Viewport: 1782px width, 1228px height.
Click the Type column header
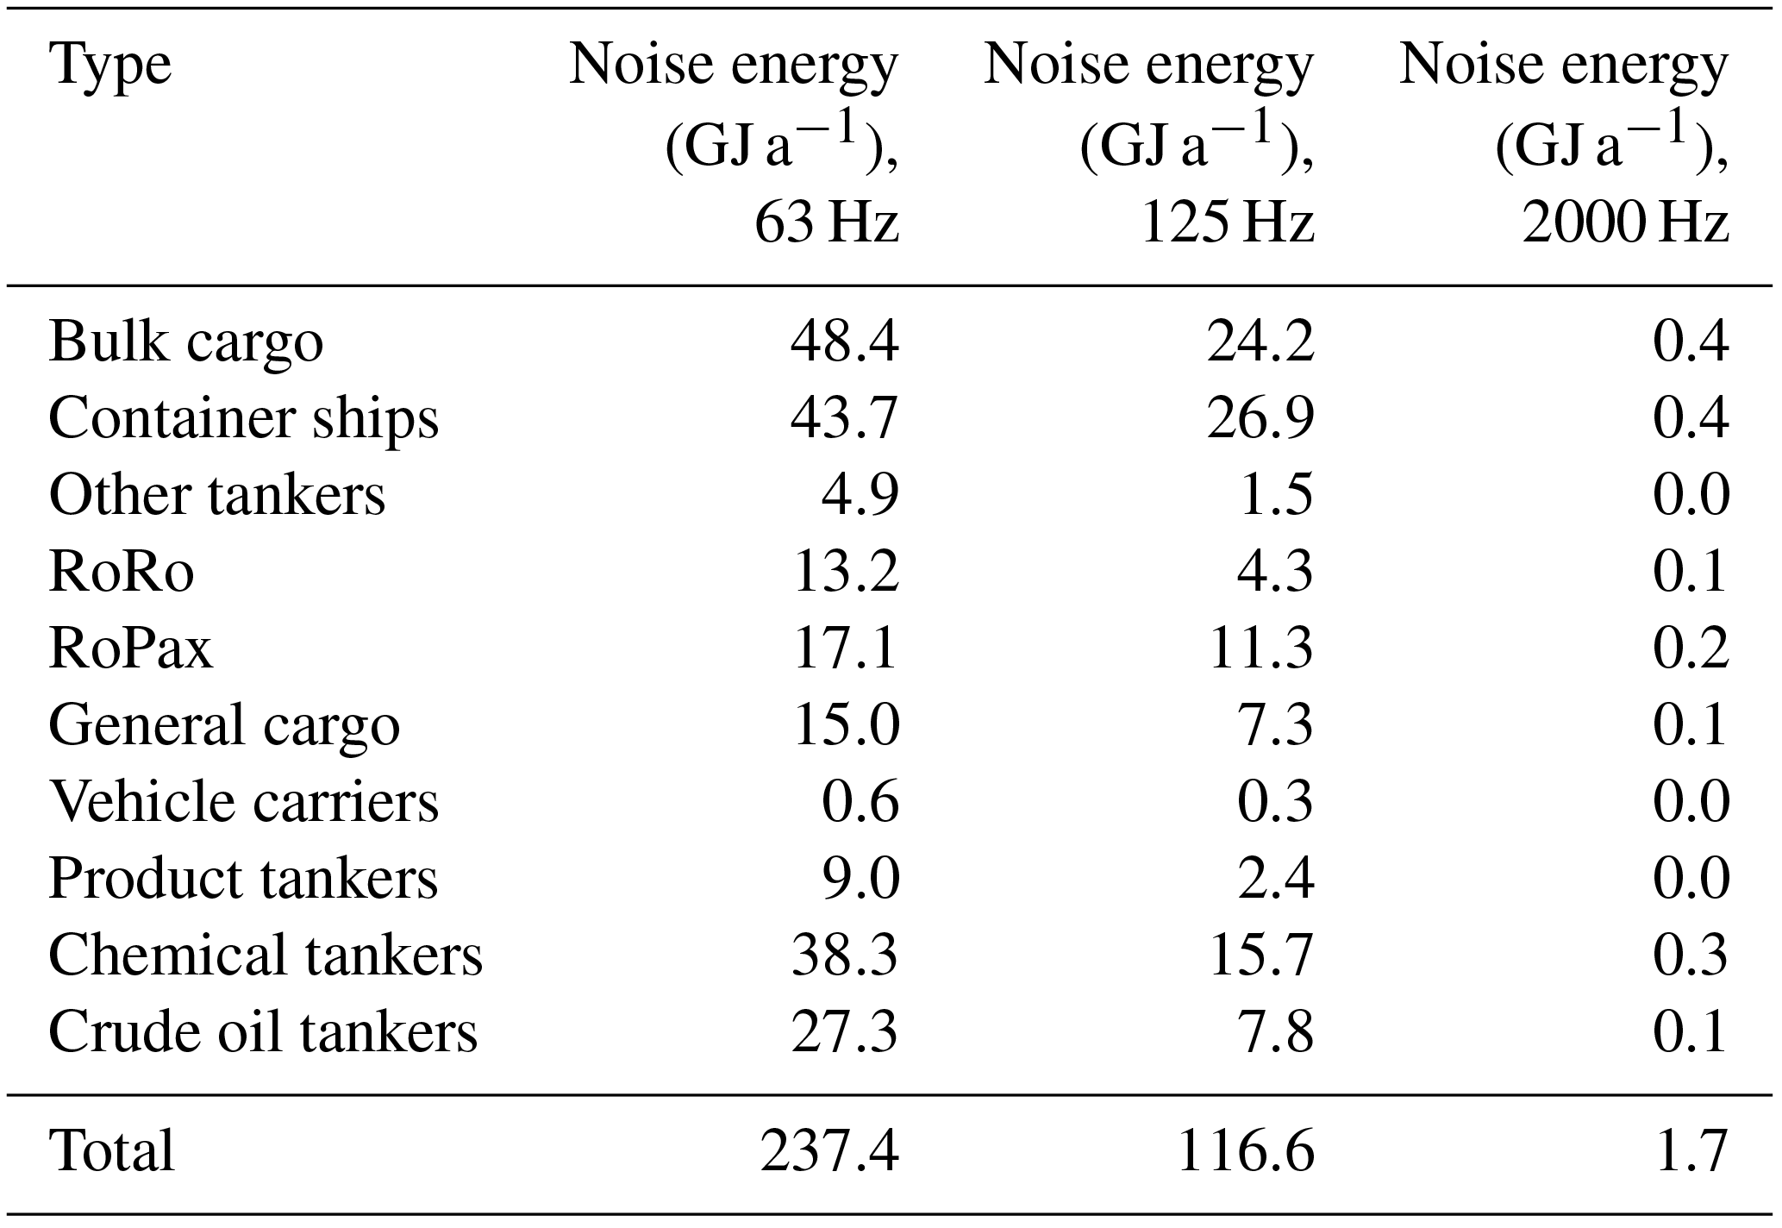pos(110,66)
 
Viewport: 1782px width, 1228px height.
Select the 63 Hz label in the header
pos(826,223)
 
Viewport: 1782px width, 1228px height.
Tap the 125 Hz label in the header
pos(1227,223)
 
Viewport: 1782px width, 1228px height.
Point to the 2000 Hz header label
pos(1624,223)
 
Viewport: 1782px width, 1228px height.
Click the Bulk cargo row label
pos(186,342)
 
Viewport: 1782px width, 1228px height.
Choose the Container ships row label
pos(244,419)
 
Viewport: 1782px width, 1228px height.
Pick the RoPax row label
pos(131,648)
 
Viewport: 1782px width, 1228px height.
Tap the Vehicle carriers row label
pos(244,801)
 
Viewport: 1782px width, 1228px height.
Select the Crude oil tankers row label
pos(263,1031)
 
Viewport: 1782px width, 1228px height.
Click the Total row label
pos(112,1150)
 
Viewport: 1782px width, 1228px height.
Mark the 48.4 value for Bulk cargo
pos(845,342)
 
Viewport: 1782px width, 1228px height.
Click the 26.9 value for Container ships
pos(1260,419)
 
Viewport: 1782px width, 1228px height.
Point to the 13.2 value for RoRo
pos(845,572)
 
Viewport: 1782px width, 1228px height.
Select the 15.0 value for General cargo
pos(845,724)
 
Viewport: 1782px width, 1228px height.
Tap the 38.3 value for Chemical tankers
pos(845,955)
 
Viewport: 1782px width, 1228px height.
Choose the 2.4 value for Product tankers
pos(1276,879)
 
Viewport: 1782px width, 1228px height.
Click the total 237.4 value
pos(829,1150)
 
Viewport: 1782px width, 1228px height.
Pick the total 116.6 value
pos(1245,1150)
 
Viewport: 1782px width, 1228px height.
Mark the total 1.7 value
pos(1691,1150)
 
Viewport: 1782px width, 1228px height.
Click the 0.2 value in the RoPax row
pos(1691,648)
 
